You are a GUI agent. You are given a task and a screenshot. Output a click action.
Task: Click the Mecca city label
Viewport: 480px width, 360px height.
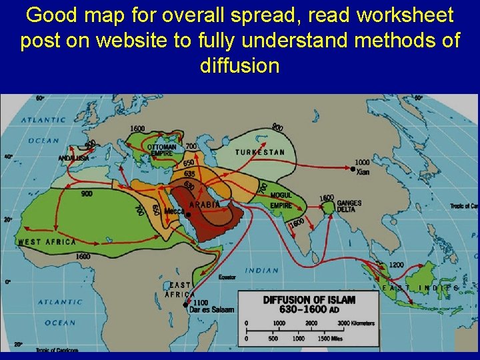[174, 211]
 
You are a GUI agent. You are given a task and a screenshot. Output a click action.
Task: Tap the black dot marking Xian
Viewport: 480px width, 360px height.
[353, 170]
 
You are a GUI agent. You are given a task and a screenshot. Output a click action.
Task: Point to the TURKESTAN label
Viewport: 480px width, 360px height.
[259, 152]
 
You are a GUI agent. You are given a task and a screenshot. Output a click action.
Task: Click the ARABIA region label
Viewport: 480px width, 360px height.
[205, 205]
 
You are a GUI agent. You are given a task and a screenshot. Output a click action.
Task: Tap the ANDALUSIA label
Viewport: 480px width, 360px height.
[73, 158]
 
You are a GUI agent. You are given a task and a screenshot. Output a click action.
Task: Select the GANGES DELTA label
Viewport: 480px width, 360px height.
[349, 206]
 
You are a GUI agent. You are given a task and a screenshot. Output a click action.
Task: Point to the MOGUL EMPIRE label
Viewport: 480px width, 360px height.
[281, 201]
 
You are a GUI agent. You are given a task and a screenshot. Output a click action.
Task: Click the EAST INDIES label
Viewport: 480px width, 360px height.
[420, 288]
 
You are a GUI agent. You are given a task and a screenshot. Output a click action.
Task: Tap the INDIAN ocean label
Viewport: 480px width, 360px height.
[262, 271]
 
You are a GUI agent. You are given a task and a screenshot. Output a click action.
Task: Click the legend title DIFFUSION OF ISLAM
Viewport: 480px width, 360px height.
[309, 300]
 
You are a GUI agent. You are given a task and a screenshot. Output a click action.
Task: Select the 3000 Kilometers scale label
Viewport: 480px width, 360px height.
[354, 323]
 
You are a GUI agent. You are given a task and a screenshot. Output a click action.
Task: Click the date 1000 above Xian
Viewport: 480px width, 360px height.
[362, 162]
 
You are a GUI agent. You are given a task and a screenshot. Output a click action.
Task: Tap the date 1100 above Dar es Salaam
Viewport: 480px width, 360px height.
[201, 302]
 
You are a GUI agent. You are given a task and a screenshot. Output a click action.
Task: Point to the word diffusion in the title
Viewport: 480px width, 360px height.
[239, 66]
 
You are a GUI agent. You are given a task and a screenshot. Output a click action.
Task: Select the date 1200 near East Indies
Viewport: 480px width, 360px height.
[396, 265]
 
